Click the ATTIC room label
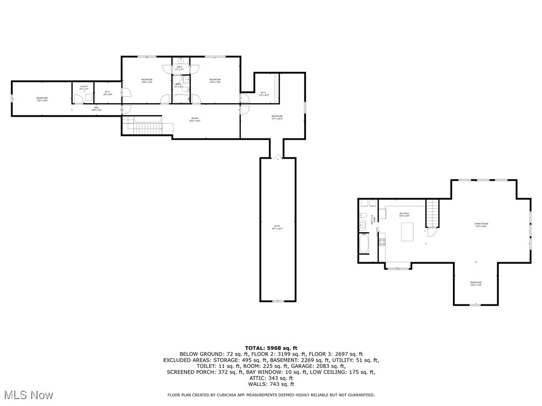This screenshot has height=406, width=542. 277,227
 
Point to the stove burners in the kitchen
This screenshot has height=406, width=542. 382,242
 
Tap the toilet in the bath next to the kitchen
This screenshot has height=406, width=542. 364,216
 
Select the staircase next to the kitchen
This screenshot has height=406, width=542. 433,212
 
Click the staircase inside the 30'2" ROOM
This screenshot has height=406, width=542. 147,128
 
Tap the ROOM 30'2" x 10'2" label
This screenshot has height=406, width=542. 195,119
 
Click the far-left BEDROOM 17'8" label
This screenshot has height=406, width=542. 42,99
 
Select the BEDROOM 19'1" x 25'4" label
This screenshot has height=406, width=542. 277,117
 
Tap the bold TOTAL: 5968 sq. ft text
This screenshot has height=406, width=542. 270,347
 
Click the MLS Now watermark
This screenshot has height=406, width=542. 29,395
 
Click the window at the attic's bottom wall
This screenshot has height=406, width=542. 277,301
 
